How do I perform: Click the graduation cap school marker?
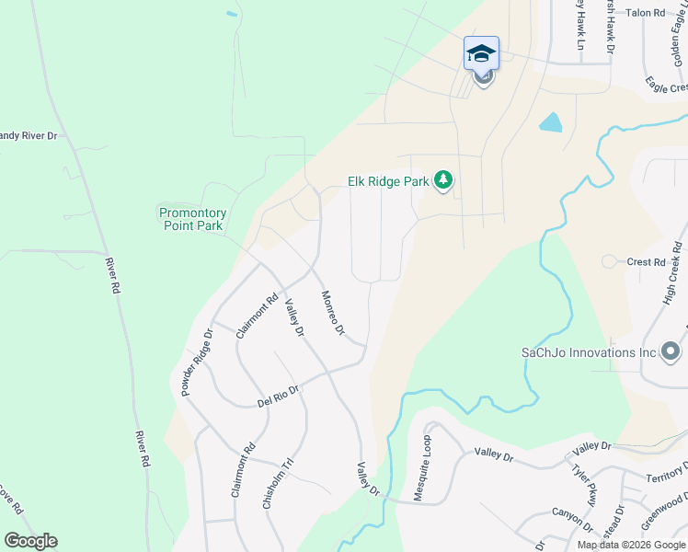[482, 53]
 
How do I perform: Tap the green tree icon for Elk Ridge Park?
[443, 180]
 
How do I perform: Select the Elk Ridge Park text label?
[388, 181]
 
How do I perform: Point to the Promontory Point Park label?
[193, 218]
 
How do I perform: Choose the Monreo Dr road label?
[332, 313]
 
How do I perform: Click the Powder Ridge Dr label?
[197, 363]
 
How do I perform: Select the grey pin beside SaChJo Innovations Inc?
[671, 351]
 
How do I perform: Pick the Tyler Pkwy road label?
[585, 483]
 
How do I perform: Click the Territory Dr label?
[666, 477]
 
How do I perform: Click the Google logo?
[30, 541]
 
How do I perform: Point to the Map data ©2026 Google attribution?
[631, 545]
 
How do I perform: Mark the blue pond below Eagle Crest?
[550, 121]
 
